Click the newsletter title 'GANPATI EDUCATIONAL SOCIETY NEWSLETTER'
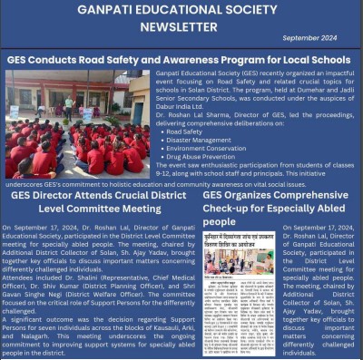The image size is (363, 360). pos(181,17)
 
